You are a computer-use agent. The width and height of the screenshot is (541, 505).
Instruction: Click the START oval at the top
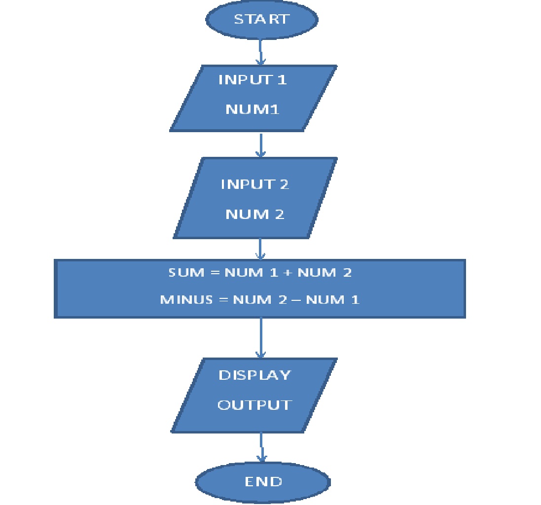(x=262, y=20)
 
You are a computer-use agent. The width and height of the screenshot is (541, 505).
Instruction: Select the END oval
(x=263, y=481)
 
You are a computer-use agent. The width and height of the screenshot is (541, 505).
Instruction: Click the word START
(x=261, y=19)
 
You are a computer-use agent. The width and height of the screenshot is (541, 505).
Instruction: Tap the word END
(x=263, y=481)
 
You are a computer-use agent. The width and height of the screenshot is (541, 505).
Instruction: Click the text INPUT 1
(x=252, y=80)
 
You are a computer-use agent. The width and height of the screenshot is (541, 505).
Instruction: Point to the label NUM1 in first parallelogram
(x=252, y=109)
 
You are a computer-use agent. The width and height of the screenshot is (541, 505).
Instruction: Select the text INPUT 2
(x=254, y=184)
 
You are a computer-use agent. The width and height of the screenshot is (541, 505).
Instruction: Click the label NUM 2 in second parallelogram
(x=254, y=215)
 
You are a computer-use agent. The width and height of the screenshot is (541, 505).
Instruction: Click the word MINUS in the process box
(x=187, y=299)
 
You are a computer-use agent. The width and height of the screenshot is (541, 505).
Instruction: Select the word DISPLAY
(x=254, y=375)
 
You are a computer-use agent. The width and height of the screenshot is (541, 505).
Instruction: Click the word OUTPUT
(x=254, y=405)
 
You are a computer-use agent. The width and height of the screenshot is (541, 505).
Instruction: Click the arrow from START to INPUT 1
(x=260, y=51)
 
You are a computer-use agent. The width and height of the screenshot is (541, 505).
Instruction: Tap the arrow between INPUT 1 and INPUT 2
(x=260, y=144)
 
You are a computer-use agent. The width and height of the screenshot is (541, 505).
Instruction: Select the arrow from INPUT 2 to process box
(x=260, y=249)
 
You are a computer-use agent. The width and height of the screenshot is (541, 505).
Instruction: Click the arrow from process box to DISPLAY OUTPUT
(x=260, y=338)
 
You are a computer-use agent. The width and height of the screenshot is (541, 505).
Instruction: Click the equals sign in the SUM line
(x=214, y=273)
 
